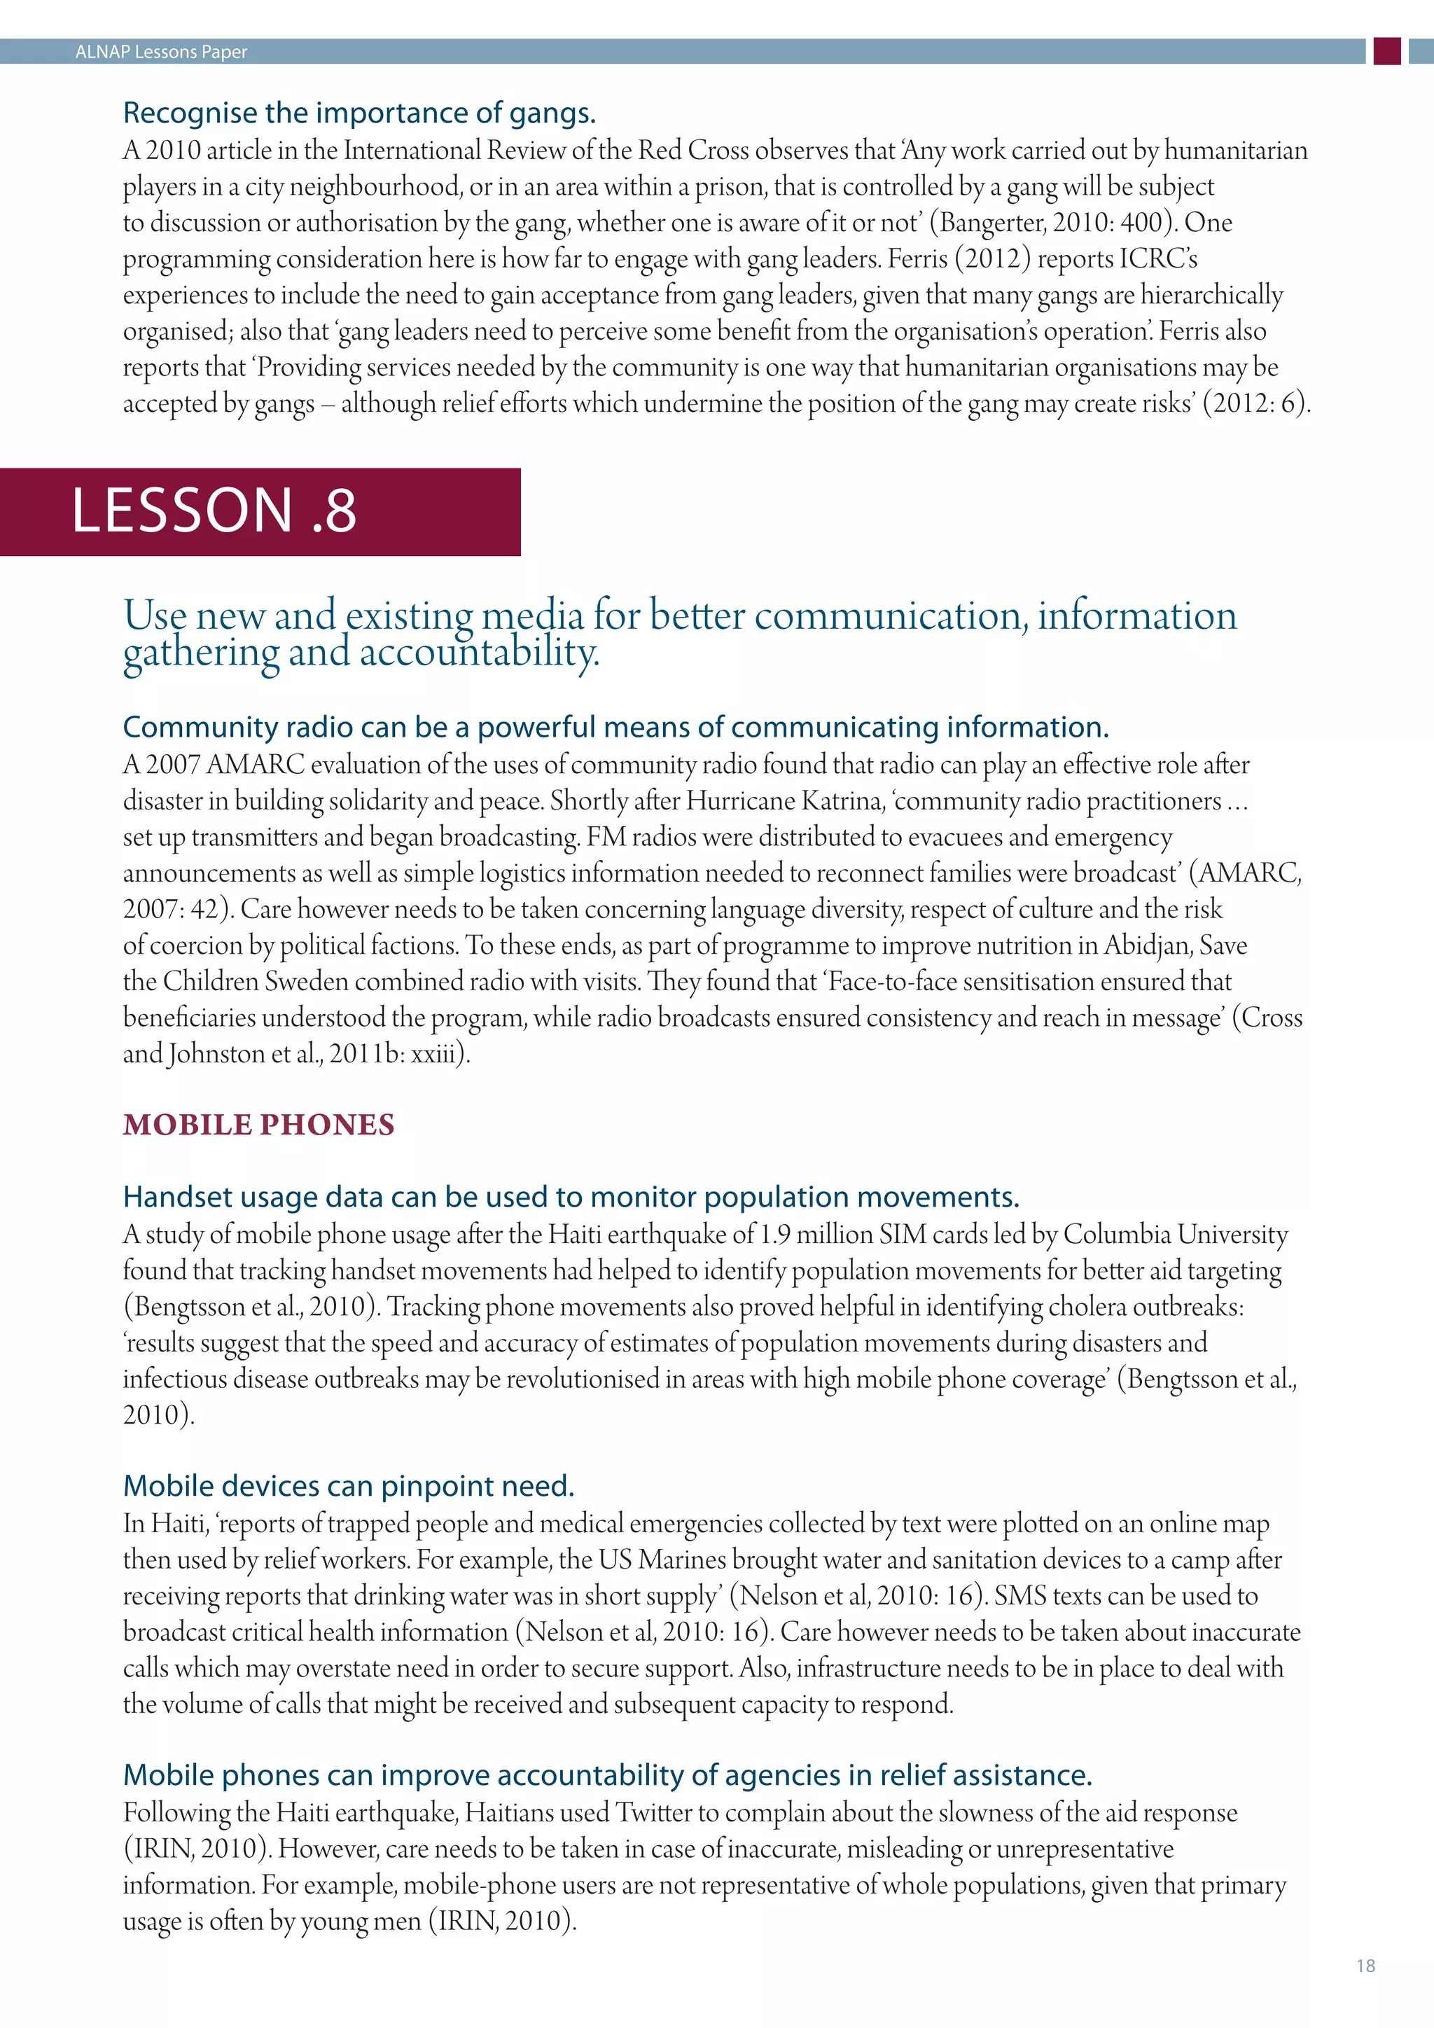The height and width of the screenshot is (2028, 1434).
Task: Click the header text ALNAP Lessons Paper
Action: (161, 52)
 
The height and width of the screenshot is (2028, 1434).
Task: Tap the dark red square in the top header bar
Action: (1387, 51)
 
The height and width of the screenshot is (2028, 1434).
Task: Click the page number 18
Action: (1365, 1965)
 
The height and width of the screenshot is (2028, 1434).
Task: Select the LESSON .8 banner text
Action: (214, 511)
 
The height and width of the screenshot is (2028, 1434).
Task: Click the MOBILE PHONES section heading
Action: (258, 1125)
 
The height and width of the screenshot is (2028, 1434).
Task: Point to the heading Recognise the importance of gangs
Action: (359, 113)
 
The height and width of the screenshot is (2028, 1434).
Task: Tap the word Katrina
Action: (842, 800)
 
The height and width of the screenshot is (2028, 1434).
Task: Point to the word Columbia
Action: (1116, 1234)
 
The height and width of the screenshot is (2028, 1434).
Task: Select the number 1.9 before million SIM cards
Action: (774, 1234)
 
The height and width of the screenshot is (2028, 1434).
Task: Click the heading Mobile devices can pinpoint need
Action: (349, 1486)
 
